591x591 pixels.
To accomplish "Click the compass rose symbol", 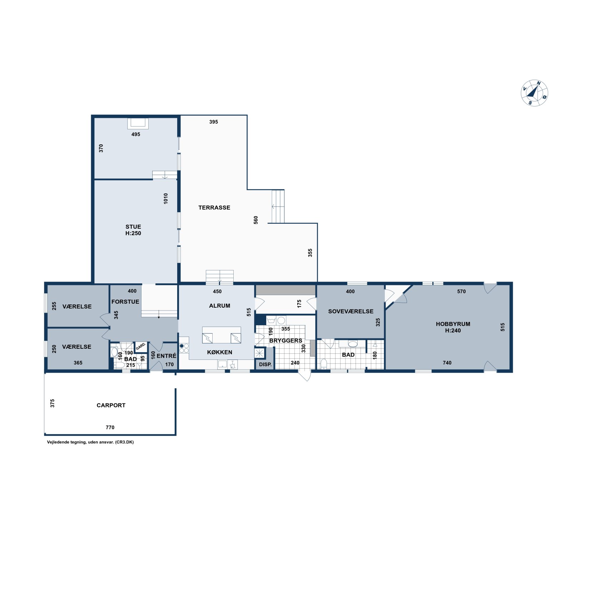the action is coord(534,93).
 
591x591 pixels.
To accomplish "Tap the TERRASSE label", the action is coord(214,208).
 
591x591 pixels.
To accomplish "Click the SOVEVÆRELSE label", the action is coord(351,312).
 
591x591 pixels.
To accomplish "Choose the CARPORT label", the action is coord(111,405).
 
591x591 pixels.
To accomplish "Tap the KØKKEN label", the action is coord(220,352).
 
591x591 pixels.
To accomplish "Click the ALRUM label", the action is coord(220,306).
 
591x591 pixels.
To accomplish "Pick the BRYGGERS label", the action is coord(286,341).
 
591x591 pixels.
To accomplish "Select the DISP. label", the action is coord(265,364).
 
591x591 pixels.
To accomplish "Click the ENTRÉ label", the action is coord(167,356).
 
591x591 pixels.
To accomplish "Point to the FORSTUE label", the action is coord(125,302).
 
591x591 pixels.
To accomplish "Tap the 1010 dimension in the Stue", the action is coord(166,199).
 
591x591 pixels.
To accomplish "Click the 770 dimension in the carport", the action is coord(110,427).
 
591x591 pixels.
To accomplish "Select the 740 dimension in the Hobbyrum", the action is coord(447,363).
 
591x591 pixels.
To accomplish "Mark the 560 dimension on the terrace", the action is coord(256,220).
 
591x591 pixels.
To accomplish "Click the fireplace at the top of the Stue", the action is coord(138,123).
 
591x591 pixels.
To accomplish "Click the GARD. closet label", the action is coord(141,346).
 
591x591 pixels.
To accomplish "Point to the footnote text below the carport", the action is coord(90,442).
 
